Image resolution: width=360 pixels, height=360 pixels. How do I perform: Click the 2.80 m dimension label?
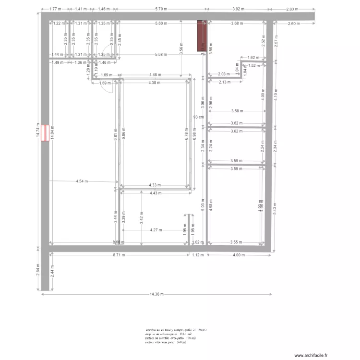[292, 9]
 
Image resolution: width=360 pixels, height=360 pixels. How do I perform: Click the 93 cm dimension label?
[198, 117]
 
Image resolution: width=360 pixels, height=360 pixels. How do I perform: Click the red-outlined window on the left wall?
[44, 133]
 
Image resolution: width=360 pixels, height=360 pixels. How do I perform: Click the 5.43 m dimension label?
[275, 207]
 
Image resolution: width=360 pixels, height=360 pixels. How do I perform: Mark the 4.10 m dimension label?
[275, 95]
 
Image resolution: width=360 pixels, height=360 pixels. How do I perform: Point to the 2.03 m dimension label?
[224, 74]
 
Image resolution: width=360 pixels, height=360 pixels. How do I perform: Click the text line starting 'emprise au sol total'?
[175, 330]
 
